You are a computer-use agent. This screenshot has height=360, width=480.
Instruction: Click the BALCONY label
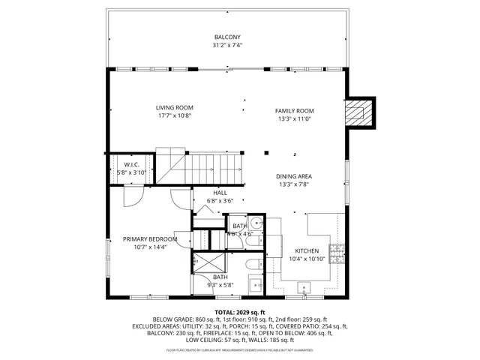tap(227, 37)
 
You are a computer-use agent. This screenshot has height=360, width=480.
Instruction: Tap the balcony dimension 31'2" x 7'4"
tap(227, 44)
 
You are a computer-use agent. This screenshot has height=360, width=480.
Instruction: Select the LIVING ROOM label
tap(175, 107)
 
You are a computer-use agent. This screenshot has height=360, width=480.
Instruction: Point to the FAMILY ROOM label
tap(294, 110)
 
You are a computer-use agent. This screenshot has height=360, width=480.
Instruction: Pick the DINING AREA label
tap(294, 176)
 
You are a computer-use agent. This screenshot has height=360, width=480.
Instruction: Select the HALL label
tap(220, 193)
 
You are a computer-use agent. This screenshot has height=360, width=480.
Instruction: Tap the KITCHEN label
tap(306, 250)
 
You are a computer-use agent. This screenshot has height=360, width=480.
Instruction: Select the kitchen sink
tap(304, 286)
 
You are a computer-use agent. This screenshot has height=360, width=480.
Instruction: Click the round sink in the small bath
tap(256, 222)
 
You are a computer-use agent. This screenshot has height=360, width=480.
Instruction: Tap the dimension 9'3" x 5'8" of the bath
tap(220, 285)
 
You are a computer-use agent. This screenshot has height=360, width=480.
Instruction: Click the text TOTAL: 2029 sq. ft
tap(240, 312)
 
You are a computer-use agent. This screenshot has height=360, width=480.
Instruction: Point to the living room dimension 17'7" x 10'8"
tap(175, 115)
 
